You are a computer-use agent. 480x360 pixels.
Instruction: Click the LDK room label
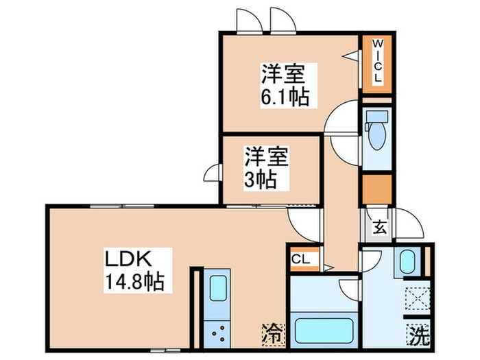[x=130, y=259]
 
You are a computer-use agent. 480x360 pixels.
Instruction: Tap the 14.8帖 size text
[x=134, y=281]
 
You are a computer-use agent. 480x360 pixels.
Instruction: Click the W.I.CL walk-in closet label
[x=377, y=62]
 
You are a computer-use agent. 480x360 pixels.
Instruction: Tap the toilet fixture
[x=376, y=134]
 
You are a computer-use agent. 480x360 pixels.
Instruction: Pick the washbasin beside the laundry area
[x=407, y=262]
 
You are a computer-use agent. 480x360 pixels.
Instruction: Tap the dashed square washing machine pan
[x=416, y=300]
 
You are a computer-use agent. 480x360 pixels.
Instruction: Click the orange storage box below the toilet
[x=376, y=189]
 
